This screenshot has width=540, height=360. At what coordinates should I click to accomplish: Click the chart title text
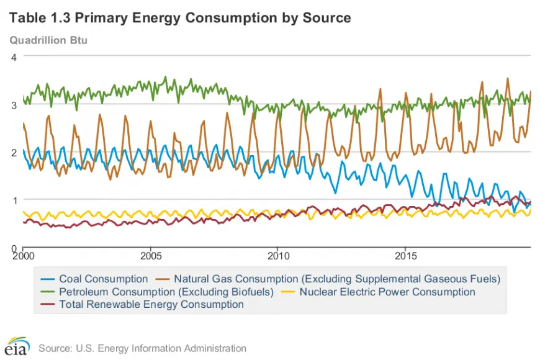pos(180,18)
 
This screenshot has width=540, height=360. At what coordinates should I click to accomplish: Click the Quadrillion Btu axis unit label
pos(48,40)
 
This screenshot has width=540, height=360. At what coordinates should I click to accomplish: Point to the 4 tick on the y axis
pos(14,57)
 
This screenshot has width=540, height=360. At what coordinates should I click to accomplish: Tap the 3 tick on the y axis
pos(14,105)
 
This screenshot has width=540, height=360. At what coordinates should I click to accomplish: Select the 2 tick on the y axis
pos(14,153)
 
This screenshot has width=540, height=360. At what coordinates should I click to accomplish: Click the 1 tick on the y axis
pos(14,200)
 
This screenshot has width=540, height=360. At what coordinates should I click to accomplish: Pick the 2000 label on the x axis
pos(24,256)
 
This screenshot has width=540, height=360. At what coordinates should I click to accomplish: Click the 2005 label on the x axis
pos(150,256)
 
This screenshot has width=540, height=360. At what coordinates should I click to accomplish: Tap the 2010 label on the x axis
pos(278,256)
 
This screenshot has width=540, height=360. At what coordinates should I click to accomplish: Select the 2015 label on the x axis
pos(406,256)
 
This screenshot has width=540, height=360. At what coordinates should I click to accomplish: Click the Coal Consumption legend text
pos(103,279)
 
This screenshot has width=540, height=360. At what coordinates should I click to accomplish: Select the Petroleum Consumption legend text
pos(166,292)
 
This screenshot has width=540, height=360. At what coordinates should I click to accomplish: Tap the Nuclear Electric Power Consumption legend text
pos(387,292)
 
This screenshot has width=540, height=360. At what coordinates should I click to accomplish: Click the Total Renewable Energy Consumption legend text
pos(151,305)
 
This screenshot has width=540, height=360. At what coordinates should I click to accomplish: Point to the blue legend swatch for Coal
pos(48,279)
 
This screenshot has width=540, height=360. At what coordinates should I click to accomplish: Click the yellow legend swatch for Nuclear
pos(288,292)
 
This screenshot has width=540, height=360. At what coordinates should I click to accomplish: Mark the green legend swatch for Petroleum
pos(48,292)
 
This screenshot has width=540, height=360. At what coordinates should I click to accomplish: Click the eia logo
pos(17,346)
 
